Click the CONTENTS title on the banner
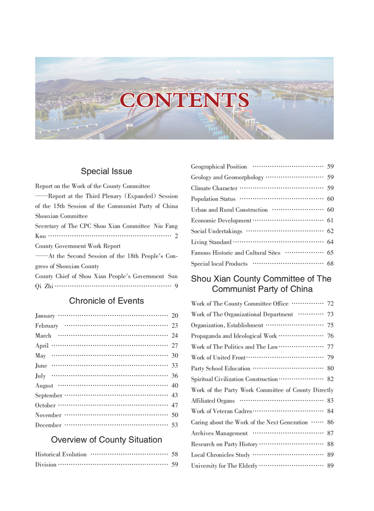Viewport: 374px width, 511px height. tap(184, 100)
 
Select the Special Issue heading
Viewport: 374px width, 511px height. tap(106, 171)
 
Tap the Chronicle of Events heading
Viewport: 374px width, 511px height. tap(106, 301)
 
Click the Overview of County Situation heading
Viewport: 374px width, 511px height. tap(106, 439)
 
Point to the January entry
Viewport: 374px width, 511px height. tap(45, 316)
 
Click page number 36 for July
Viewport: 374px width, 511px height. tap(175, 375)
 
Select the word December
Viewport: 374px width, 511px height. tap(48, 425)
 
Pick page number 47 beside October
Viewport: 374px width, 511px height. tap(175, 405)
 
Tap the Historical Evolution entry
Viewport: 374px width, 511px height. tap(61, 454)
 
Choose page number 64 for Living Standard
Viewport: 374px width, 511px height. tap(330, 242)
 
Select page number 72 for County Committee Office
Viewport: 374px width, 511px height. tap(330, 304)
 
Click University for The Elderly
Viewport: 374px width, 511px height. tap(224, 466)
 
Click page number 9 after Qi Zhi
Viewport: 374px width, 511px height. tap(176, 286)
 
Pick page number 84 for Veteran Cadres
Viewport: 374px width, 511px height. tap(330, 412)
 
